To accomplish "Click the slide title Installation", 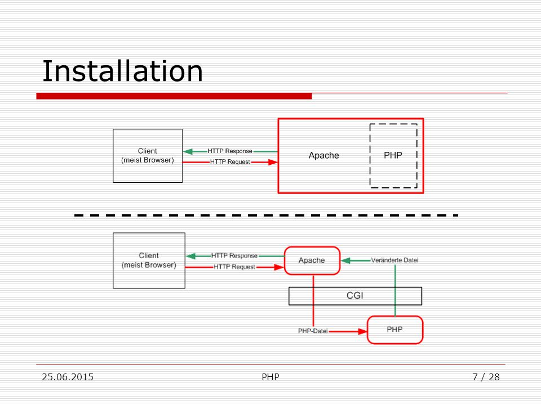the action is pos(122,71).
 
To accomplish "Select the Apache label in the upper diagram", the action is pos(323,155).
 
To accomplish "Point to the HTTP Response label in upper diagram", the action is pos(230,151).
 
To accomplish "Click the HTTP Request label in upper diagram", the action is pos(230,161).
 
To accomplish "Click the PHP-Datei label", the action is pos(313,331).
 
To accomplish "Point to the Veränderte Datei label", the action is pos(394,260).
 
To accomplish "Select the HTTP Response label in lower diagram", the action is pos(234,255).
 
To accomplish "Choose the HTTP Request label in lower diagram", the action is pos(234,267).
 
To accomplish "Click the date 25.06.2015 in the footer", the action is pos(68,377).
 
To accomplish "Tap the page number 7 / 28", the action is pos(486,377).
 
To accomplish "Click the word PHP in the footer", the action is pos(270,377).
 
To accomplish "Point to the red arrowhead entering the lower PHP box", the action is pos(362,331).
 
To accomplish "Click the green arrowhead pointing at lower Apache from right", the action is pos(345,260).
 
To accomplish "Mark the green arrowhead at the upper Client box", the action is pos(188,151).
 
